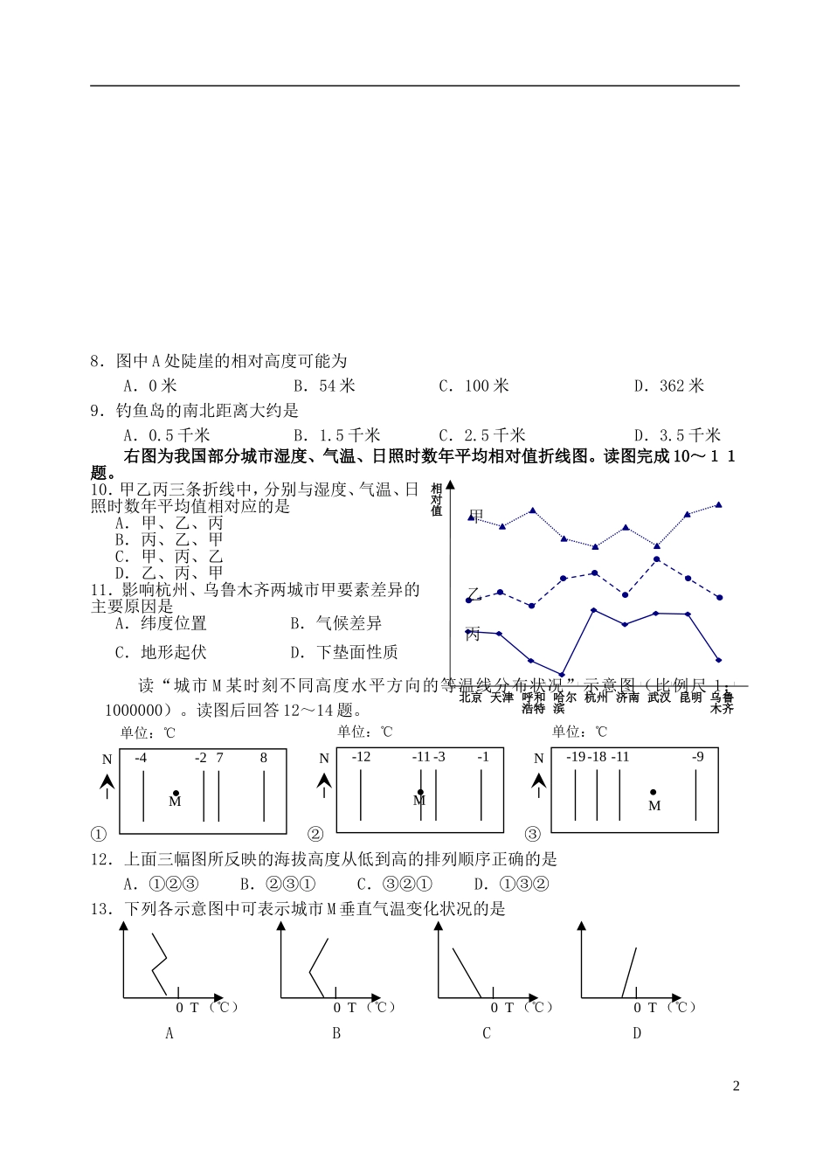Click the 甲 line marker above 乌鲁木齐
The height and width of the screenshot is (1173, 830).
719,504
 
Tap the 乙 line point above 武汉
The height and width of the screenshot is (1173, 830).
657,559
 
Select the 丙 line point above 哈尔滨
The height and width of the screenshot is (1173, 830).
562,675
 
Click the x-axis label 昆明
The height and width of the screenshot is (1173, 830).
690,698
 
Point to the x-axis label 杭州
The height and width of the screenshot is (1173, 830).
596,698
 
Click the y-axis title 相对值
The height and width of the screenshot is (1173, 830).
437,500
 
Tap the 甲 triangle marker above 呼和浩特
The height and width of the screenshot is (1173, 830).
533,510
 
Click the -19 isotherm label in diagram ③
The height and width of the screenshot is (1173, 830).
576,757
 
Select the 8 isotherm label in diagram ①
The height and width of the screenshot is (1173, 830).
264,758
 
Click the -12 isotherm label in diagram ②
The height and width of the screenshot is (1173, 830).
361,757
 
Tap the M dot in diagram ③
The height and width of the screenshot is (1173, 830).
654,793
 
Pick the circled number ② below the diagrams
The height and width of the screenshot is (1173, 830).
315,834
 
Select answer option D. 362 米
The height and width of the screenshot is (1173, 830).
668,385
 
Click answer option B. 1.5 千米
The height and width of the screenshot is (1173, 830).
336,435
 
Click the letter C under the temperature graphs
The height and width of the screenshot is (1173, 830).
487,1033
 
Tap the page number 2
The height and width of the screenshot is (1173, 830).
736,1086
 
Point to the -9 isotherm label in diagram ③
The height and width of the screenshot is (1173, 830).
697,757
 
